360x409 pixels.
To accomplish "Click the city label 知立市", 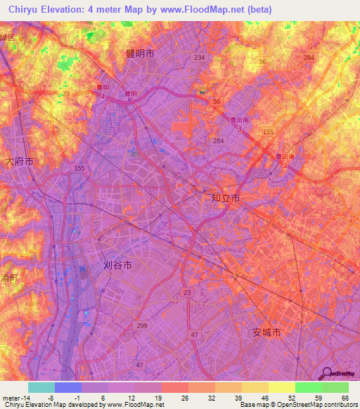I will [226, 199].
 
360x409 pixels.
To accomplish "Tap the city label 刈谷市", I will [117, 266].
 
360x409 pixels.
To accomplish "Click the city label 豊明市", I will [140, 53].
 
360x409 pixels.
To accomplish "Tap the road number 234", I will [200, 58].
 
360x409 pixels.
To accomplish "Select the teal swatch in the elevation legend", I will [41, 387].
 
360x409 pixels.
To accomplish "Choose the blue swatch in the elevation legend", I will [68, 387].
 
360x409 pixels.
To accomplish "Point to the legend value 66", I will [345, 397].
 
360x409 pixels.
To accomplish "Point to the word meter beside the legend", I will [11, 397].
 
